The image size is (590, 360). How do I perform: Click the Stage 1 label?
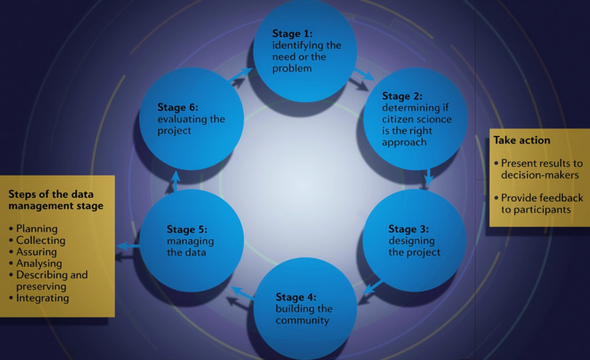292,34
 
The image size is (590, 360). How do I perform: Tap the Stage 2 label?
402,96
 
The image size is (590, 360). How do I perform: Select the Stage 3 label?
408,229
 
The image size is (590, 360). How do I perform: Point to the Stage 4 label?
296,297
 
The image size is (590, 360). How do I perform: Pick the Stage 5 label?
187,229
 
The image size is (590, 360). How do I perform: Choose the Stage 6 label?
178,108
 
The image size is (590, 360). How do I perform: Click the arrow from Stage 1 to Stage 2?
363,74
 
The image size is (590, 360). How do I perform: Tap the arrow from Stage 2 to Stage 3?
429,177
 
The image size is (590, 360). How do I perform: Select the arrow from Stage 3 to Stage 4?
373,287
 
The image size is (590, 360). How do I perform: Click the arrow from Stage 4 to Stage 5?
242,293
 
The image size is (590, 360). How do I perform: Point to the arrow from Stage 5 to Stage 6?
176,180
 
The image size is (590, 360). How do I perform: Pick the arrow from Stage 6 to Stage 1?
240,75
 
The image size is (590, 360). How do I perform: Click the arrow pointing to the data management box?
128,246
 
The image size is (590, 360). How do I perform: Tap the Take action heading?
522,140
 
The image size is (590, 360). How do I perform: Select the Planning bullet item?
36,229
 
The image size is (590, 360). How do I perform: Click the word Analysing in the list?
39,263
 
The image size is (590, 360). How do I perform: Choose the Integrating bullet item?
42,298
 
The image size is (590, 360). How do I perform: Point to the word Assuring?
36,252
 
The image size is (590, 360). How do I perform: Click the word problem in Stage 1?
292,68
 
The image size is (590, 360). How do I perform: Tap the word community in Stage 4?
302,320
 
